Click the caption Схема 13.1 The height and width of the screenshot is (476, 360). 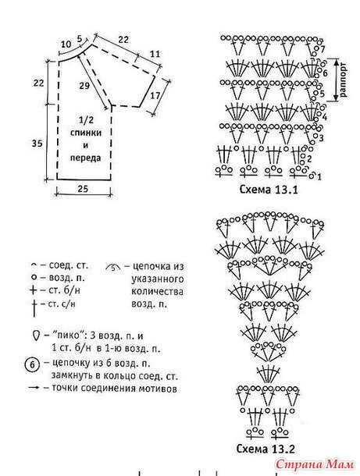269,190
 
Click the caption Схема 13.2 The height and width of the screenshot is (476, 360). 266,449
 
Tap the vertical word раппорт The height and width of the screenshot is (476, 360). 344,80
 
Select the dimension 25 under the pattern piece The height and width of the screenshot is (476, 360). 83,189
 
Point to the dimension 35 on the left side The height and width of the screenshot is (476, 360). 37,143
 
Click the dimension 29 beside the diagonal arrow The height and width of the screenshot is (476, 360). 84,86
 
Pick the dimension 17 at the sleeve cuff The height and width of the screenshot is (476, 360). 155,95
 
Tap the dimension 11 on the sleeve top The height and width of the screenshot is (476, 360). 155,54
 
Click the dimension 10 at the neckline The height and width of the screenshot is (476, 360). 66,44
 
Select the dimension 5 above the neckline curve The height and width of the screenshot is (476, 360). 80,38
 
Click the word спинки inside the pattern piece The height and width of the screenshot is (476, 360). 86,133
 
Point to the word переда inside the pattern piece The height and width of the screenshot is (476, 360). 86,158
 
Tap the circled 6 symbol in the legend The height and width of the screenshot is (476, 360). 33,364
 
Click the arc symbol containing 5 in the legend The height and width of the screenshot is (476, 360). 113,267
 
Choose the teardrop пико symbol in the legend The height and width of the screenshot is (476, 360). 36,336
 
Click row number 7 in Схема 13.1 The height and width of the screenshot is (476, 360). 323,48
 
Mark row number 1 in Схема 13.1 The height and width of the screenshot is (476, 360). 319,176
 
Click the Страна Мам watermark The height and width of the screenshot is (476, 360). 315,464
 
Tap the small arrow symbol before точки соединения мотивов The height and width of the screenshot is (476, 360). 34,388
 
